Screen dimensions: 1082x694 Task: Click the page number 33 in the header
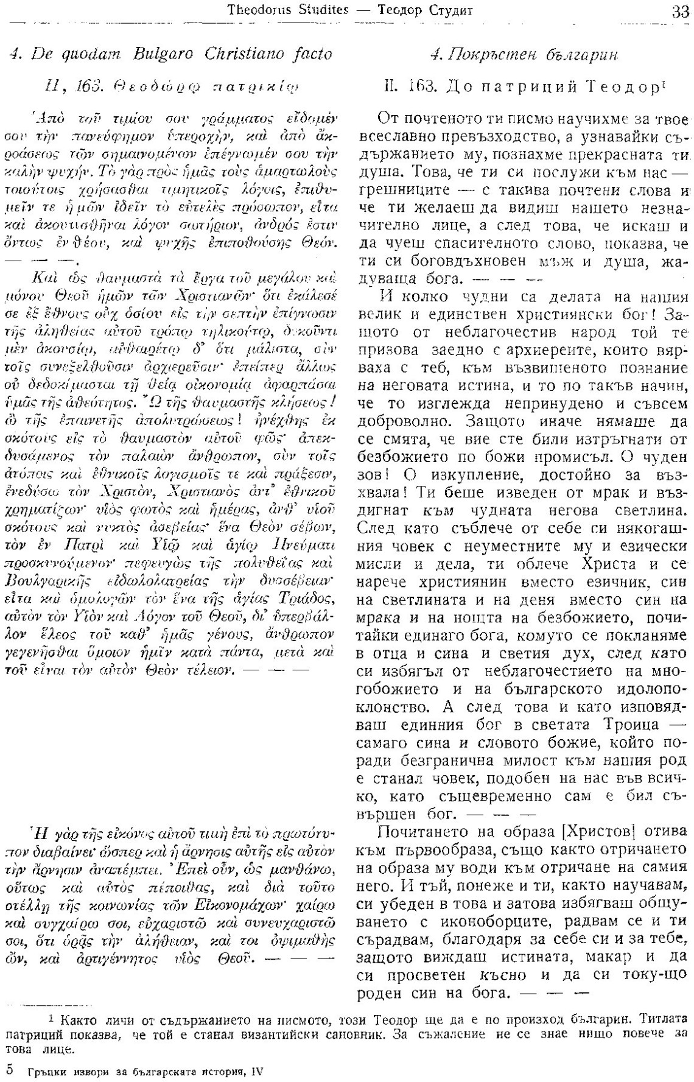coord(681,10)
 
